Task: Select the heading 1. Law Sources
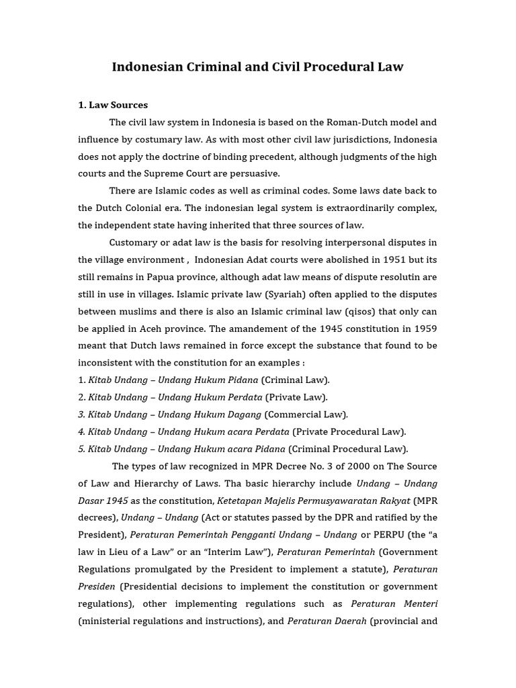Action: point(113,105)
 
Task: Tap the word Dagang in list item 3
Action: point(245,414)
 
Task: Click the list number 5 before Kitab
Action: point(81,448)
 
